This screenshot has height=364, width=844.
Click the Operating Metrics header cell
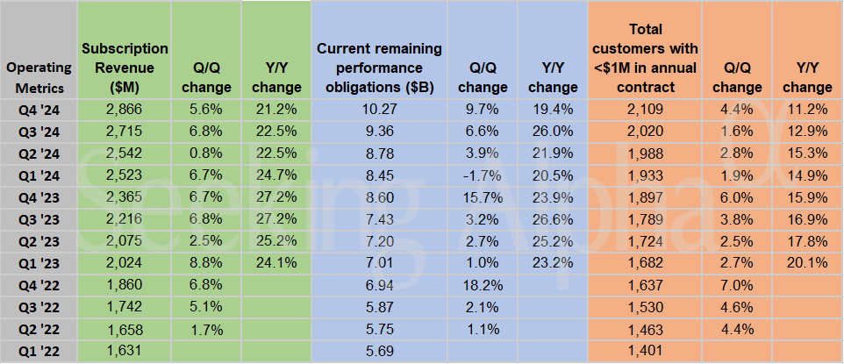(x=38, y=76)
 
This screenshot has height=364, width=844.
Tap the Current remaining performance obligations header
(x=379, y=67)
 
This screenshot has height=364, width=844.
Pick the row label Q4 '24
(x=38, y=110)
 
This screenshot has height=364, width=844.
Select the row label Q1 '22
(x=38, y=352)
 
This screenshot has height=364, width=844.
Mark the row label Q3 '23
(x=38, y=219)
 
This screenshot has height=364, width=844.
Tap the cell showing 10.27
(x=379, y=110)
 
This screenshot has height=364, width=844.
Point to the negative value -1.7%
(x=483, y=175)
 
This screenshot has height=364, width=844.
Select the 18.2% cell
(x=483, y=286)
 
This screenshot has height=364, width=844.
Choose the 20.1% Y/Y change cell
(x=807, y=264)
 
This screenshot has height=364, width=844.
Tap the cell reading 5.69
(x=379, y=352)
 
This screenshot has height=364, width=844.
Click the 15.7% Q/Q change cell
(x=483, y=197)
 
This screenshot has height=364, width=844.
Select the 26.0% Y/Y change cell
(x=553, y=132)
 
